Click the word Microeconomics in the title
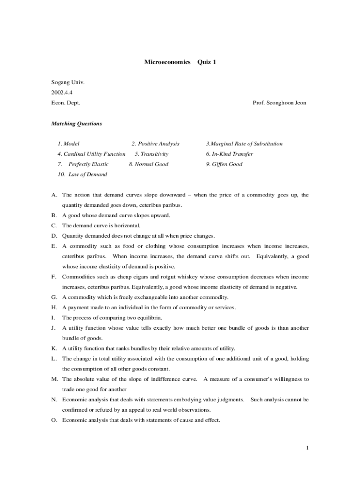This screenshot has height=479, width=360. [x=167, y=62]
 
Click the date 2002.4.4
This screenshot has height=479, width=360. [x=62, y=92]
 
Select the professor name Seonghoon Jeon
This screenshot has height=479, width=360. [x=287, y=102]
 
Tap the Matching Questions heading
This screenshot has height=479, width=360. [x=76, y=124]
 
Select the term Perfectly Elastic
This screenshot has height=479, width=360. [x=88, y=164]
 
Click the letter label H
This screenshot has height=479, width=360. [x=54, y=307]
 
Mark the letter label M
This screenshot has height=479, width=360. [x=54, y=379]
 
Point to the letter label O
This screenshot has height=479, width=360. [x=54, y=420]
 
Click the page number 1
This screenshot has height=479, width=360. [x=308, y=448]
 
